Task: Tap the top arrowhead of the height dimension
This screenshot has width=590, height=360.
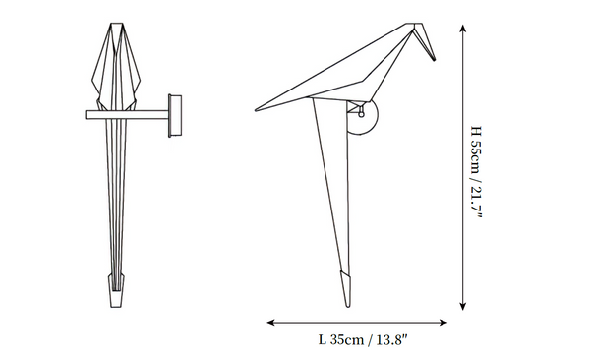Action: pos(462,30)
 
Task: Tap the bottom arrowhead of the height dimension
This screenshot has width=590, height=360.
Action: pos(462,305)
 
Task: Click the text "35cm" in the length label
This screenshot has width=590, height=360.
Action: pos(346,340)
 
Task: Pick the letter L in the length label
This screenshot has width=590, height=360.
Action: pos(323,340)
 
